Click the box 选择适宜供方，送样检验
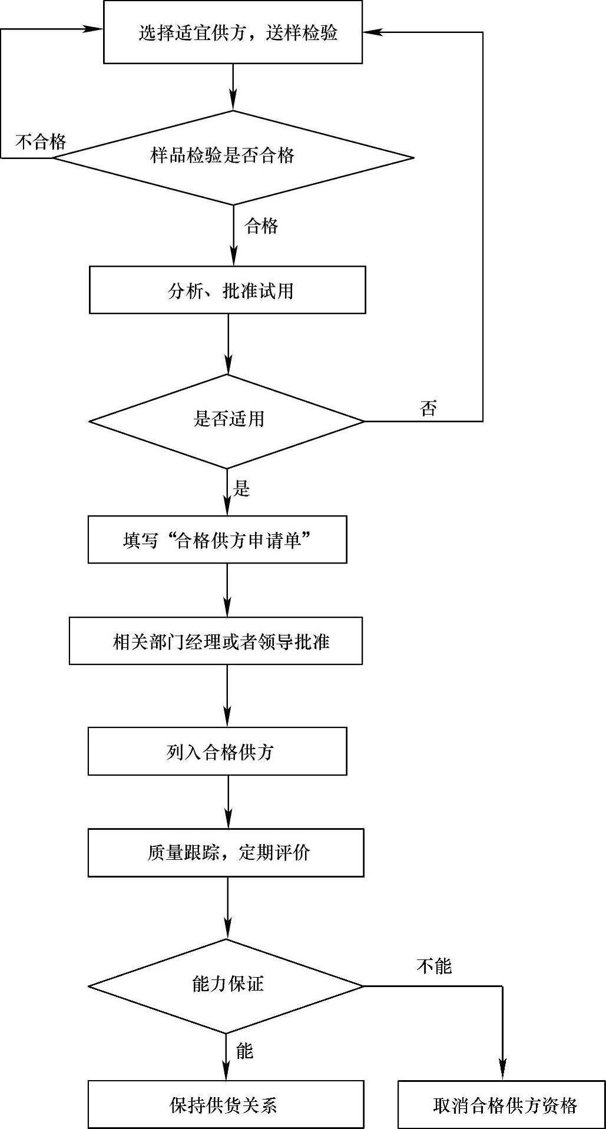(x=233, y=32)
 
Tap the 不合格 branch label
(x=41, y=141)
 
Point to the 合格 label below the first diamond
(x=261, y=226)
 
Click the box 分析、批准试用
(x=227, y=290)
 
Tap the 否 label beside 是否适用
(x=428, y=408)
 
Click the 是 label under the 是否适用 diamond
(x=242, y=488)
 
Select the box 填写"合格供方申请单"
(x=217, y=540)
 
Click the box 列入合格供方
(x=217, y=751)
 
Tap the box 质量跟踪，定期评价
(x=226, y=853)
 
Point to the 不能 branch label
(x=433, y=966)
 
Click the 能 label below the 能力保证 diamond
(x=244, y=1051)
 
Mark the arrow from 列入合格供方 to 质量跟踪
(x=228, y=802)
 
